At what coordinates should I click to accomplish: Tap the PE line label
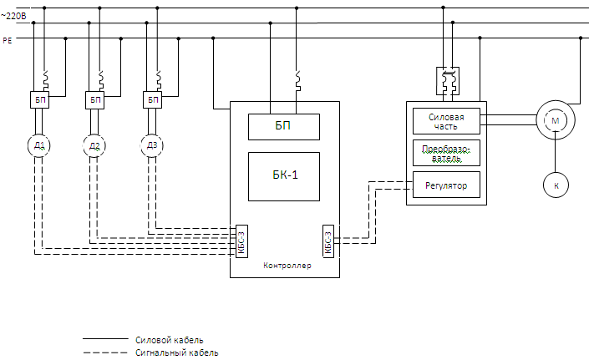tap(8, 38)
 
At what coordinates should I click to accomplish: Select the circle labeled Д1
tap(39, 146)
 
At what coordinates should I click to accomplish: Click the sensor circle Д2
tap(95, 146)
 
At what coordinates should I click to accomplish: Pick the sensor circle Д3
tap(152, 146)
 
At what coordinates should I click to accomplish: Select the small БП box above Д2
tap(95, 100)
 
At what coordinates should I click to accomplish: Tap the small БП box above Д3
tap(153, 100)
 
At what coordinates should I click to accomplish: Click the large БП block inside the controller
tap(284, 127)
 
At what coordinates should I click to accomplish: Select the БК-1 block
tap(284, 176)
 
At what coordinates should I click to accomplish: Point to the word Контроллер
tap(287, 266)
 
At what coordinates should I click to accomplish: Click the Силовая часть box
tap(446, 121)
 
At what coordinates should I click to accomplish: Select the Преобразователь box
tap(446, 153)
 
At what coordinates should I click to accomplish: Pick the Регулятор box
tap(446, 185)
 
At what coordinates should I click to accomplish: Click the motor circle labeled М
tap(554, 122)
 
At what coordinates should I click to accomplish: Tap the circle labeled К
tap(555, 185)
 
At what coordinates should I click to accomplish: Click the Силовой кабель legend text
tap(169, 340)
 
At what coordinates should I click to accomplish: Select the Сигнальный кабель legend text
tap(176, 353)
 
